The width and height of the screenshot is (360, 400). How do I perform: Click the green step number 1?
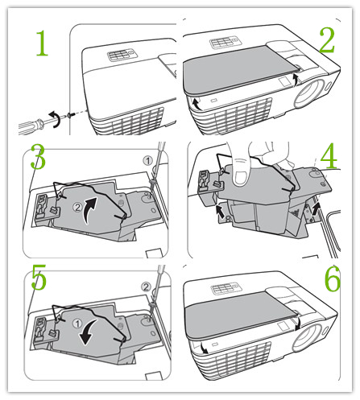[43, 43]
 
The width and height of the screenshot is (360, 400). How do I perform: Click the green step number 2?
[327, 40]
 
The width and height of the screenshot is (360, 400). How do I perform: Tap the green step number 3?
[38, 157]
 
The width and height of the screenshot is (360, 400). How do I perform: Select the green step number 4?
[329, 156]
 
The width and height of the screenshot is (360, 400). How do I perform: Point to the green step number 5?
[39, 277]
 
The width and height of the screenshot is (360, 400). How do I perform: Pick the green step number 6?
[332, 279]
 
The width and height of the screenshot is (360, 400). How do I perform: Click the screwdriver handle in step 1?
[30, 126]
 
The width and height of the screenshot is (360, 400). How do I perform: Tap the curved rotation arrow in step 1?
[56, 118]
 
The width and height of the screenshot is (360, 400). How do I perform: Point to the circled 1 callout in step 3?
[147, 161]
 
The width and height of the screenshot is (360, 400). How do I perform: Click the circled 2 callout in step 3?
[77, 208]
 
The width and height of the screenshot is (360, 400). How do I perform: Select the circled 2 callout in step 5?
[146, 287]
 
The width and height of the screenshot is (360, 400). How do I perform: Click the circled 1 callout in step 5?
[77, 324]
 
